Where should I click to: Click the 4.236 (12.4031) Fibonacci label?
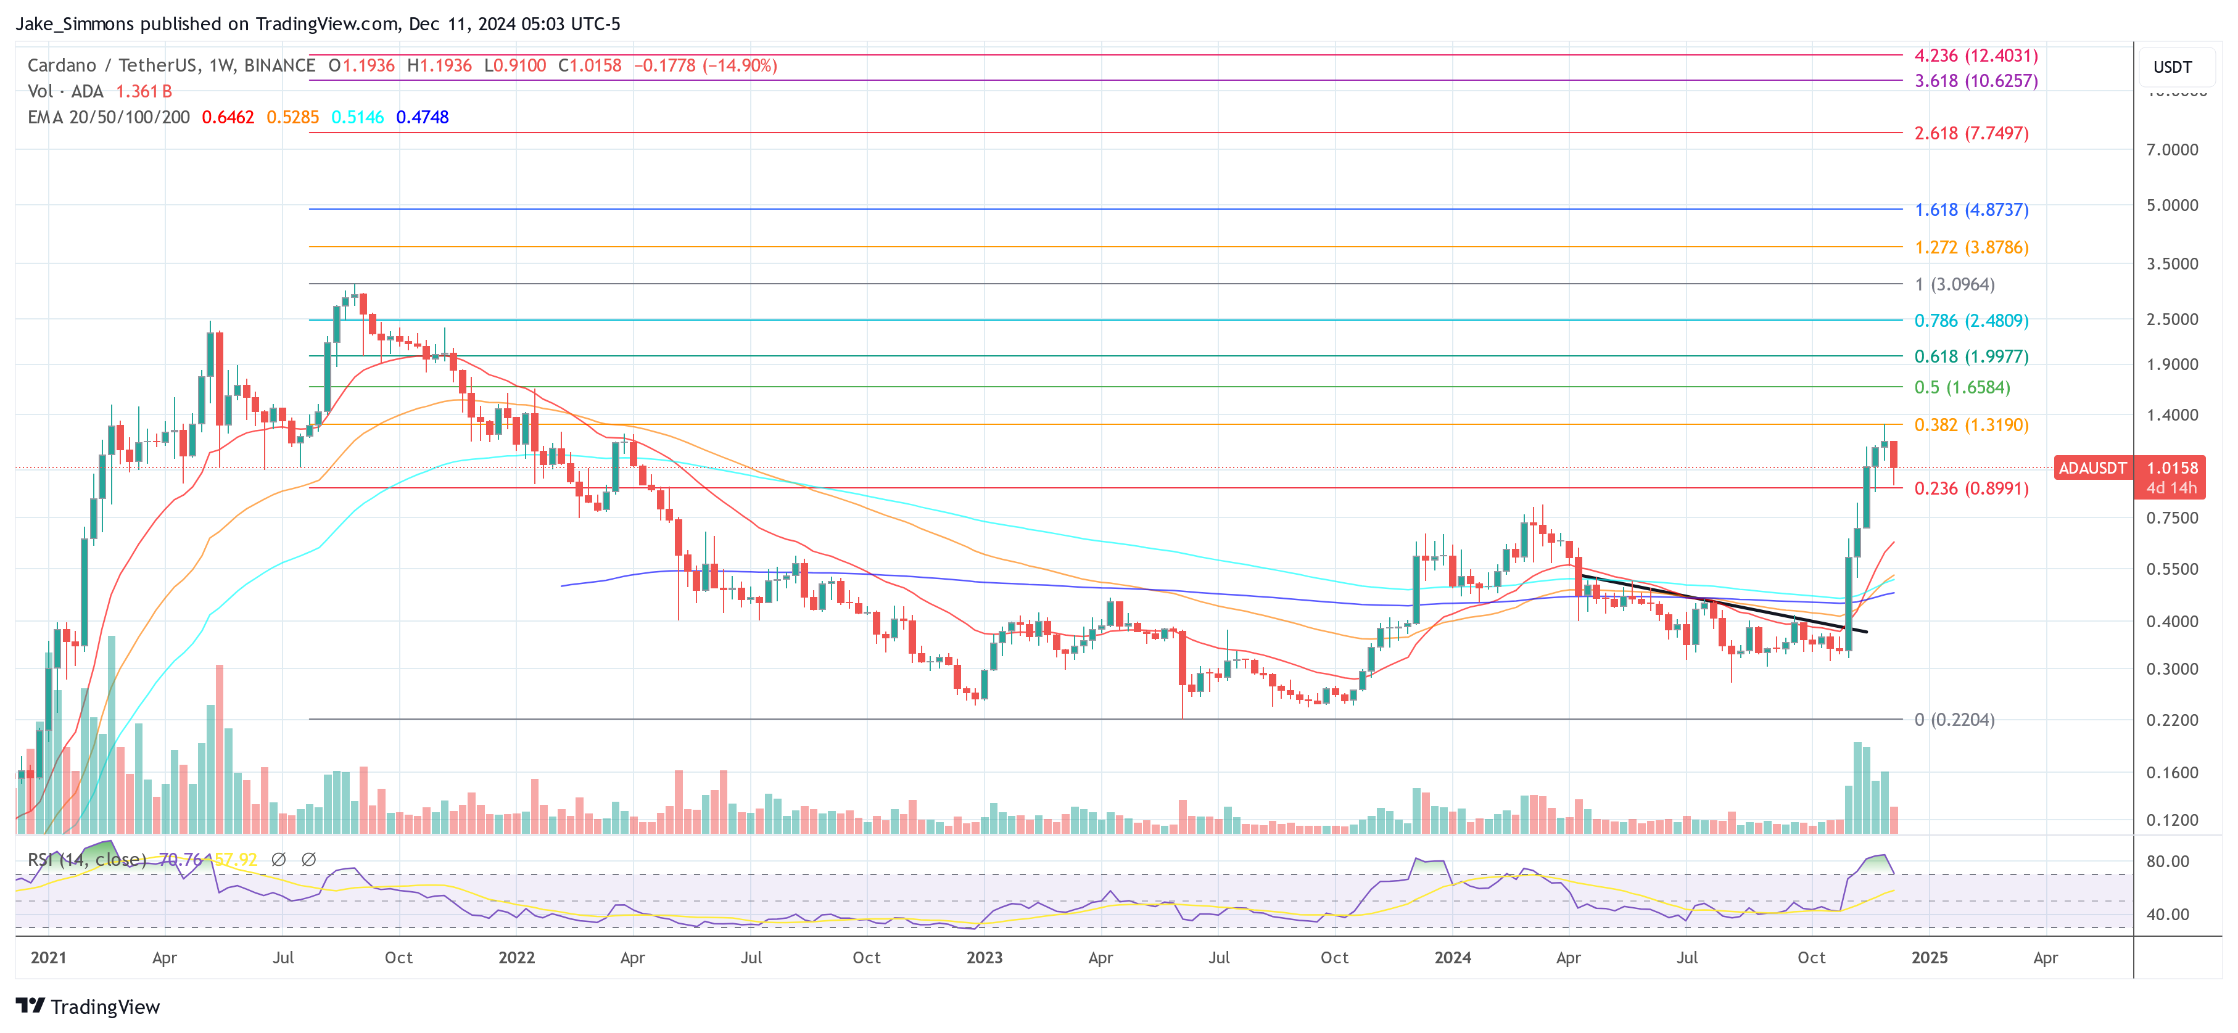(x=1976, y=56)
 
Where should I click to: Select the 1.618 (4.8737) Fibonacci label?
(x=1972, y=210)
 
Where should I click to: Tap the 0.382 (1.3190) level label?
(x=1972, y=425)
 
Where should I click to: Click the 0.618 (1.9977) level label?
(x=1972, y=356)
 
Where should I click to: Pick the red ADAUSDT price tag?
(x=2092, y=468)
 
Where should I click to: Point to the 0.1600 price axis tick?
(x=2172, y=772)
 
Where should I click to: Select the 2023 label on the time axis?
(x=985, y=957)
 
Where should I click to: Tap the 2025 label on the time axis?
(x=1930, y=957)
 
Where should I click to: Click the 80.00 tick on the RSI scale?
(x=2168, y=861)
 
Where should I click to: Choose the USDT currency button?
(x=2172, y=67)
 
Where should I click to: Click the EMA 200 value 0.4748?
(x=422, y=117)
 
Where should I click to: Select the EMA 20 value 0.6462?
(x=228, y=117)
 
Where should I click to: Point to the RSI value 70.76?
(x=180, y=859)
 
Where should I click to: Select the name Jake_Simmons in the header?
(x=75, y=23)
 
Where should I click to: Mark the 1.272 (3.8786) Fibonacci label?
(x=1972, y=247)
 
